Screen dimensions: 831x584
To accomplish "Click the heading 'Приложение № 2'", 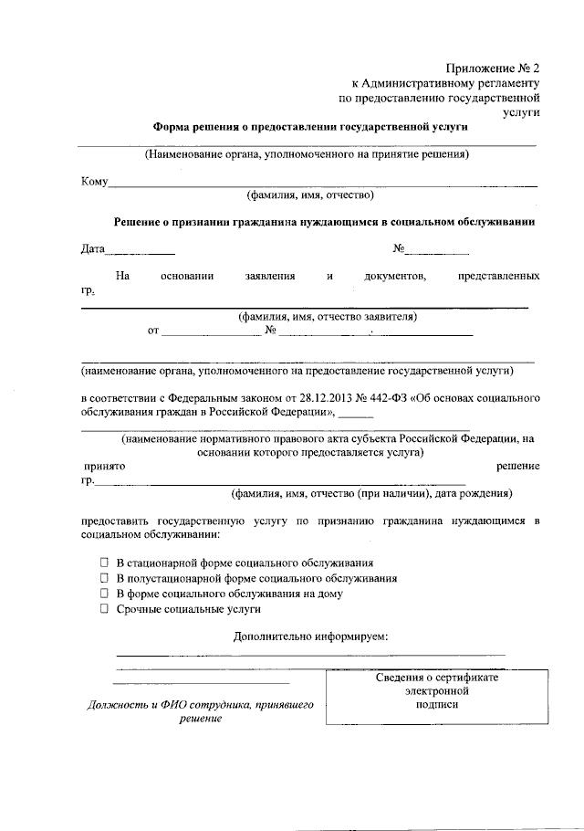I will click(x=493, y=68).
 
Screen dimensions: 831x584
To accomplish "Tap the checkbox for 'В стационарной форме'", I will click(x=105, y=563).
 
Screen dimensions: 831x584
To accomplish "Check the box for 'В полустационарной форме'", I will click(x=105, y=578).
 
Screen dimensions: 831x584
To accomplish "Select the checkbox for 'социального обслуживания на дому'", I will click(x=105, y=593).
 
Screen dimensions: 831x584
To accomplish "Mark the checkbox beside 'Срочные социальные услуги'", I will click(x=105, y=607).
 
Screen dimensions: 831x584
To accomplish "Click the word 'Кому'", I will click(x=95, y=182).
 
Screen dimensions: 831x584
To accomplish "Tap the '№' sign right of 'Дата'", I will click(x=399, y=248).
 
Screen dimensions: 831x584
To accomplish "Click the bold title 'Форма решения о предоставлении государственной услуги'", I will click(x=309, y=127).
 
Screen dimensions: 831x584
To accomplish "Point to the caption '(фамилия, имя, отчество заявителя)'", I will click(x=328, y=317).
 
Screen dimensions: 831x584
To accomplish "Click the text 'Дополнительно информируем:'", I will click(x=310, y=635).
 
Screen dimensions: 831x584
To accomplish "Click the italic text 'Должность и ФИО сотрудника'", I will click(x=200, y=705).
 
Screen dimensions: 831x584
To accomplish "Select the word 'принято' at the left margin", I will click(x=100, y=466).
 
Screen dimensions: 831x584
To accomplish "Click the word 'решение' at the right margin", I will click(x=517, y=466).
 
